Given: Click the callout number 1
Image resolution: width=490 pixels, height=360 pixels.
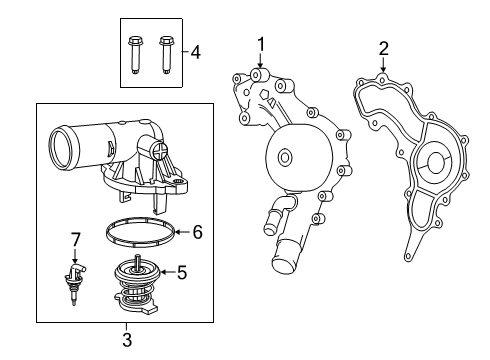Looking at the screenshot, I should (260, 43).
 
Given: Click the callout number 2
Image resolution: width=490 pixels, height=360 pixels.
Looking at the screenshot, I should (383, 47).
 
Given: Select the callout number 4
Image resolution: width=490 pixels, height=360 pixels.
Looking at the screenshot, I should (196, 52).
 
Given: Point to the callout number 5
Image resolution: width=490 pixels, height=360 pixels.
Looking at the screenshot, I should (181, 270).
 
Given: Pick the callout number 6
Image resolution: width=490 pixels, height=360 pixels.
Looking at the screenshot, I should (197, 232).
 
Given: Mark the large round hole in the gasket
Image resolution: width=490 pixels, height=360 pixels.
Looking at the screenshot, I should (436, 162).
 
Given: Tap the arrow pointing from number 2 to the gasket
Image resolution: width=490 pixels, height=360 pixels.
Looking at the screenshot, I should (382, 69).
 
